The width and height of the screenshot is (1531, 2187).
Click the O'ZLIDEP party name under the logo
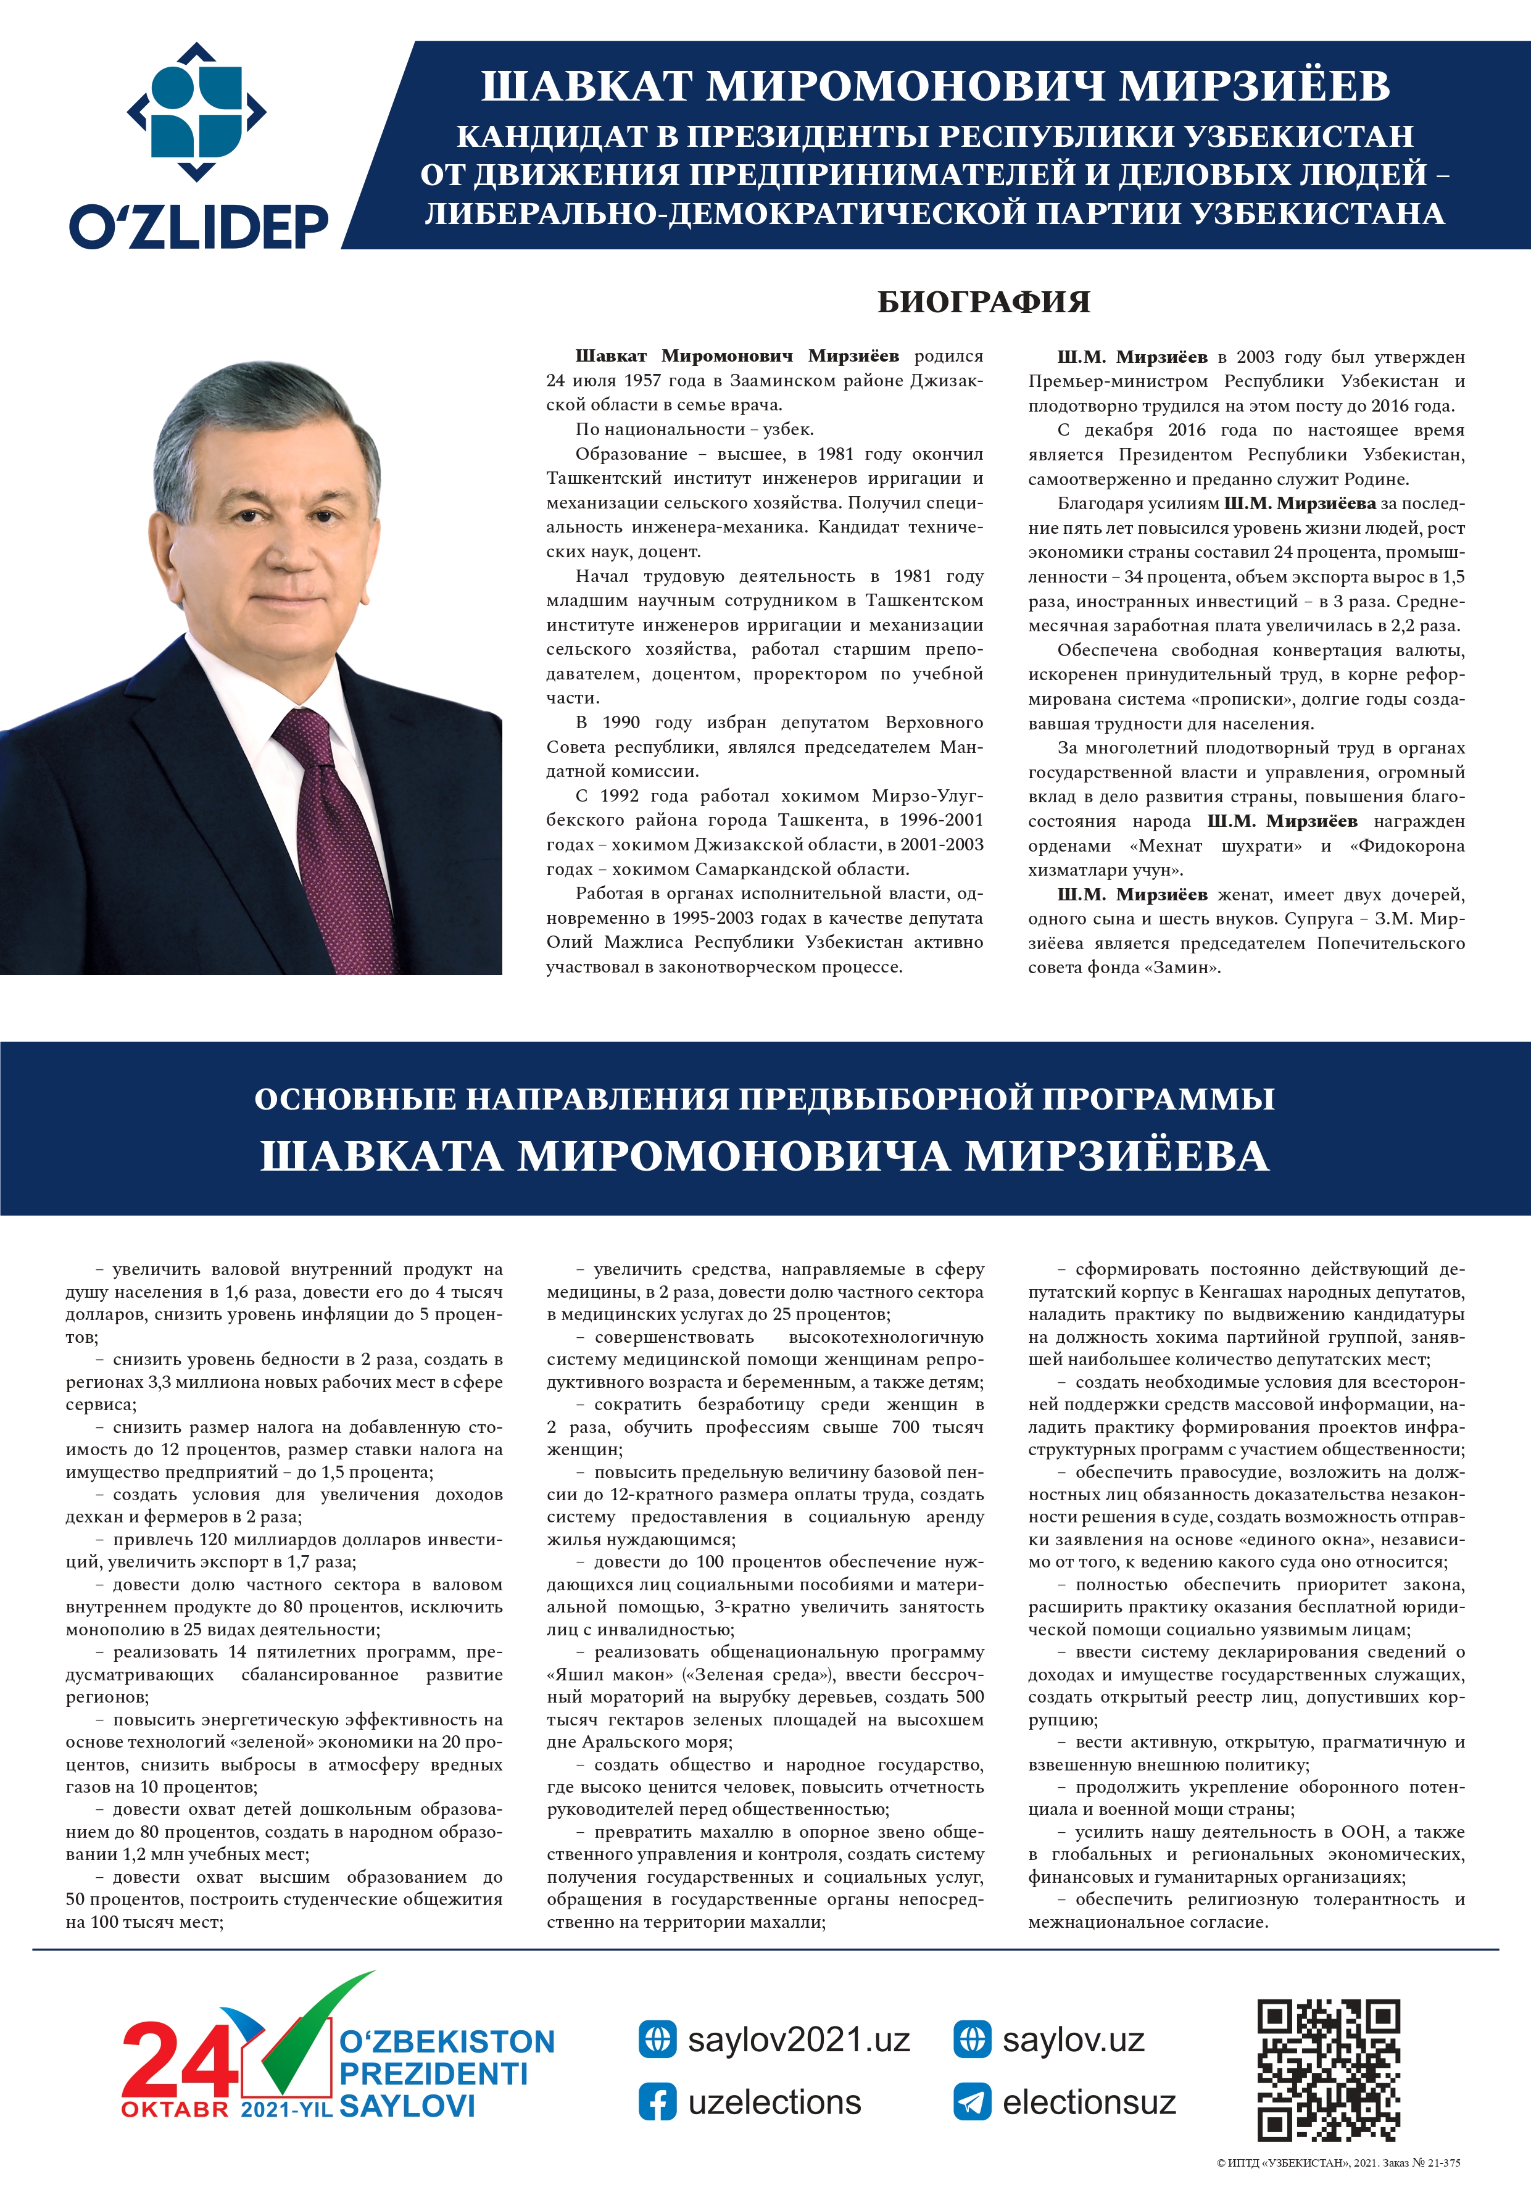(198, 226)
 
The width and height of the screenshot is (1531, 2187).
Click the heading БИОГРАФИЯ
(983, 302)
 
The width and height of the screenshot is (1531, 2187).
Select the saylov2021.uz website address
(799, 2040)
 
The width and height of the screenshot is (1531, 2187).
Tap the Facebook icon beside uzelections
(657, 2102)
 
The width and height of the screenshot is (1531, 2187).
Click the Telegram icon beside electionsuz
(972, 2102)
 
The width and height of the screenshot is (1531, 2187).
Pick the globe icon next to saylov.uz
(972, 2040)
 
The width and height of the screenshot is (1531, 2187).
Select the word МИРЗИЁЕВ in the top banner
(1254, 86)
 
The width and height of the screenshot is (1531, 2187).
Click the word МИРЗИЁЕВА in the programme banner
(1116, 1155)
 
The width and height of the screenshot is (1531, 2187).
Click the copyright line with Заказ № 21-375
(1338, 2163)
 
